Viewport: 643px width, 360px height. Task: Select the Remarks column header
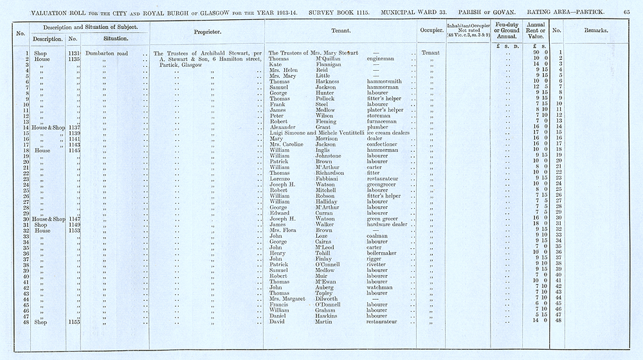(x=597, y=31)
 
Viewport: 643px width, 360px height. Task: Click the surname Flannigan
(x=331, y=64)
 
